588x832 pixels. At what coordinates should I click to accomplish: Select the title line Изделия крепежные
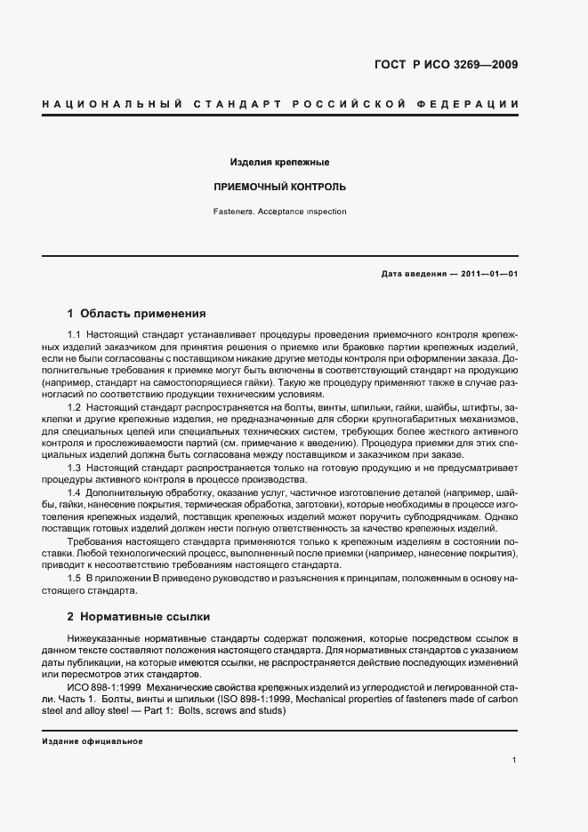pos(280,163)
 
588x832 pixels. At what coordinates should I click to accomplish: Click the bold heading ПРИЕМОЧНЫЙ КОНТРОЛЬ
pos(280,188)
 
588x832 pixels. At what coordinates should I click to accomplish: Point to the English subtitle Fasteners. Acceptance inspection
pos(280,212)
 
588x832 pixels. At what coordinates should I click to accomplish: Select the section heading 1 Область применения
pos(136,314)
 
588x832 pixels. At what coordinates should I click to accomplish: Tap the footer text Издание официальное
pos(92,740)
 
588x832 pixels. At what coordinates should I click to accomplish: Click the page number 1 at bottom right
pos(515,760)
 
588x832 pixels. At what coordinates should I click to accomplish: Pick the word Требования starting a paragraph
pos(95,541)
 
